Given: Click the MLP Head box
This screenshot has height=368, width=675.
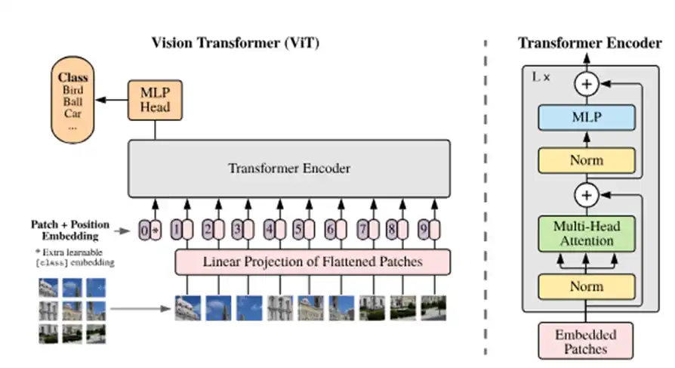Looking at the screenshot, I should tap(155, 99).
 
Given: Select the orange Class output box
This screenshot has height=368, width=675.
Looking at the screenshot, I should tap(73, 102).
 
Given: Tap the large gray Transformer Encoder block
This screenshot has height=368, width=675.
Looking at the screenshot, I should tap(289, 168).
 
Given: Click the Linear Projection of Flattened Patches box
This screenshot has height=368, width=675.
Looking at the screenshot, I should tap(313, 262).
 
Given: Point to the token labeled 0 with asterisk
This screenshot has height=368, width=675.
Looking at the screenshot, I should tap(150, 227).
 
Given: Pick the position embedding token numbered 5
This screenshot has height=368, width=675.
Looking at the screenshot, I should tap(303, 227).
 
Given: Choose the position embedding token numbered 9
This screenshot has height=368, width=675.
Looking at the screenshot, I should tap(429, 227).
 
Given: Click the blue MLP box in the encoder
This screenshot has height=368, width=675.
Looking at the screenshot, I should tap(586, 117).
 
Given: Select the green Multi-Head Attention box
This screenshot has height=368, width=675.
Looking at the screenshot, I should tap(586, 233).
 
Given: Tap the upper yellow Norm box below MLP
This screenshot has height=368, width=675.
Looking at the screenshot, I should tap(586, 160).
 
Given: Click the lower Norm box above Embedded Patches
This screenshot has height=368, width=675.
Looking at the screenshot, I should tap(586, 286).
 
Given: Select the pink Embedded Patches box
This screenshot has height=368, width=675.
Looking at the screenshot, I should tap(586, 341).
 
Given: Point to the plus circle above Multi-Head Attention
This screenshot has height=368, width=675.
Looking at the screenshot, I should tap(586, 196).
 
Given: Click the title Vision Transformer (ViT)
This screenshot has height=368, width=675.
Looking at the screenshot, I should tap(236, 42).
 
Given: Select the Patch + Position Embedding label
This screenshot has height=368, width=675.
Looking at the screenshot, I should tap(69, 230).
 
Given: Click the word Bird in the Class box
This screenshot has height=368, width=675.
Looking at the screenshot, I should tap(73, 90).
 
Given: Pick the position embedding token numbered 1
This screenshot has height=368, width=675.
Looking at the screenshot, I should tap(179, 227).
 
